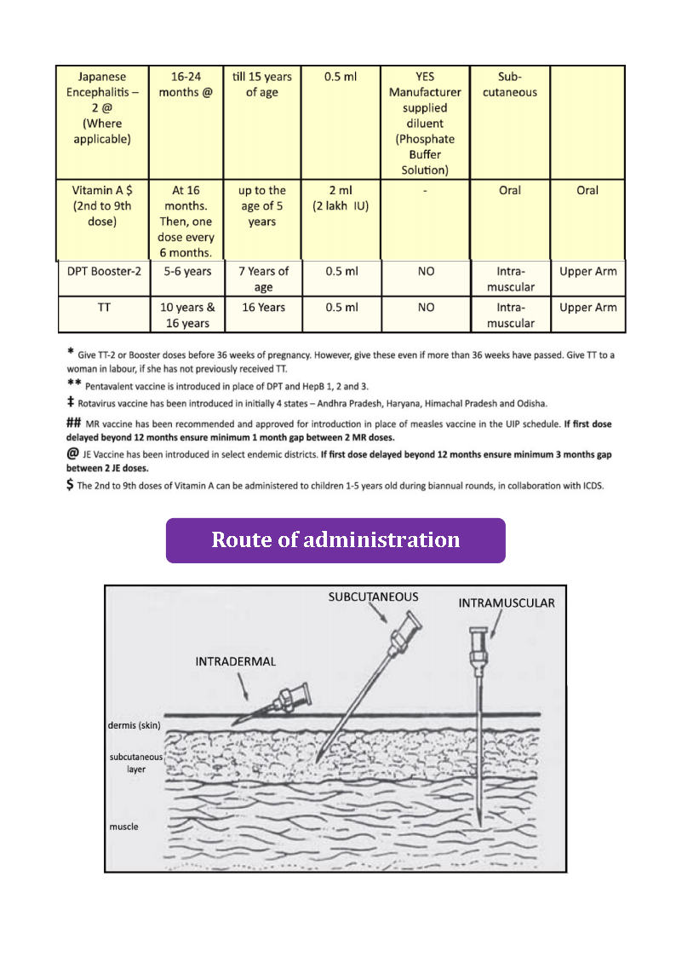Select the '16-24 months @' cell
(x=185, y=84)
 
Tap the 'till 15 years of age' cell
(x=262, y=84)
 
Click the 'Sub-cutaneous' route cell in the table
(x=510, y=84)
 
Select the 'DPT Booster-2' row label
(x=103, y=272)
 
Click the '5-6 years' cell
(x=185, y=272)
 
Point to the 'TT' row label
(x=103, y=308)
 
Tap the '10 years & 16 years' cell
(x=185, y=314)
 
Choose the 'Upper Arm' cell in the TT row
(x=587, y=308)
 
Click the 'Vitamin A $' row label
(x=103, y=205)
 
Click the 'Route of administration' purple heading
(x=335, y=540)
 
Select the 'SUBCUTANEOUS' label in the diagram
(x=374, y=597)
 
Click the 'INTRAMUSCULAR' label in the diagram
(x=507, y=603)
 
